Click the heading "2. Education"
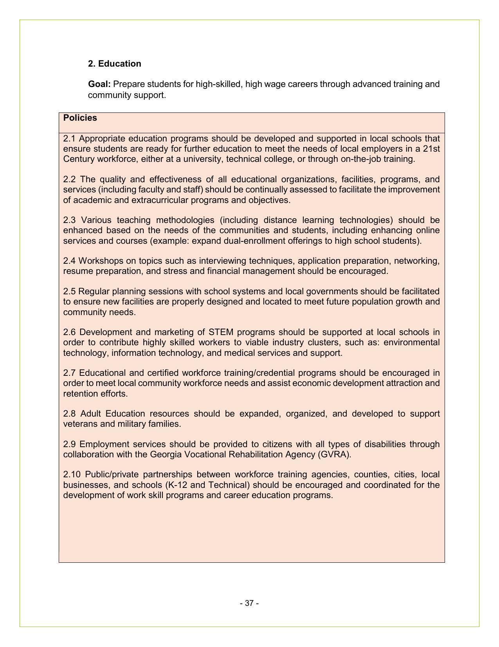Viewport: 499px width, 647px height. pos(114,64)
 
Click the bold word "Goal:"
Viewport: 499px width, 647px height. pos(99,84)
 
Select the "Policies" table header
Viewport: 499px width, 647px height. pos(80,118)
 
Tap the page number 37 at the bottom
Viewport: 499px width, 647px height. pos(249,603)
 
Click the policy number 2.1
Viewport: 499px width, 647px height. pos(69,139)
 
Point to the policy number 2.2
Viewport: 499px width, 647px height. pos(69,179)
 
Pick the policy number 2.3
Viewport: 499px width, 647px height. pos(69,220)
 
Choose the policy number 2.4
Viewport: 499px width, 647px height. pos(69,261)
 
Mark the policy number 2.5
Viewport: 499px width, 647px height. pos(69,292)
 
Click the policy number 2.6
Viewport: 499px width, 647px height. pos(69,332)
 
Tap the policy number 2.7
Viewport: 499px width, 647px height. pos(69,373)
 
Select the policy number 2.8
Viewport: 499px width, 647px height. pos(69,414)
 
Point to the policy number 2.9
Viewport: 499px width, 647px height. pos(69,444)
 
